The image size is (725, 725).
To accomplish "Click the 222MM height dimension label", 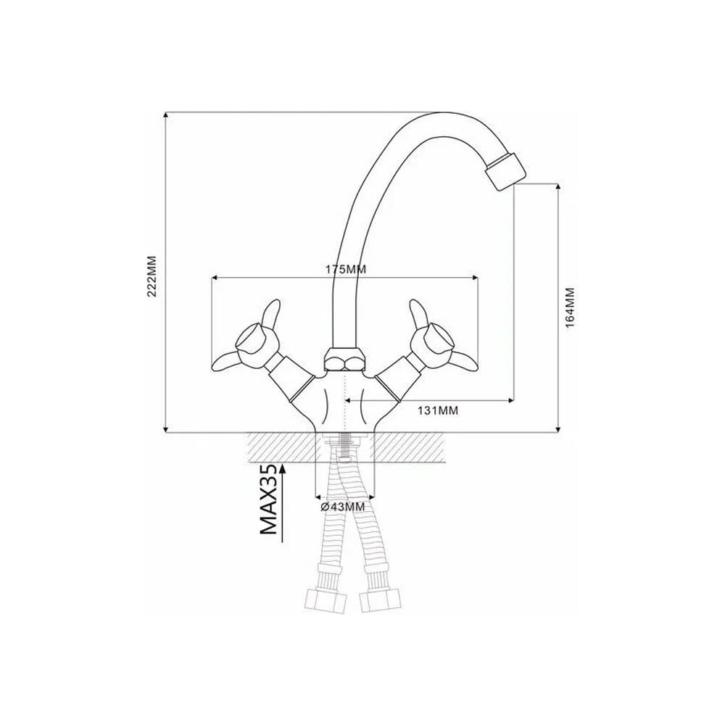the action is [x=152, y=276].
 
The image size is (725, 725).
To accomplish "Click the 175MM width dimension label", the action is [x=344, y=269].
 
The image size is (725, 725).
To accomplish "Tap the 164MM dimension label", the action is [x=570, y=308].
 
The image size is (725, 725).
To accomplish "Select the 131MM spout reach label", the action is [x=438, y=410].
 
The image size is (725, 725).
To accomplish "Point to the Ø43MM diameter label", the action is [x=343, y=507].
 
